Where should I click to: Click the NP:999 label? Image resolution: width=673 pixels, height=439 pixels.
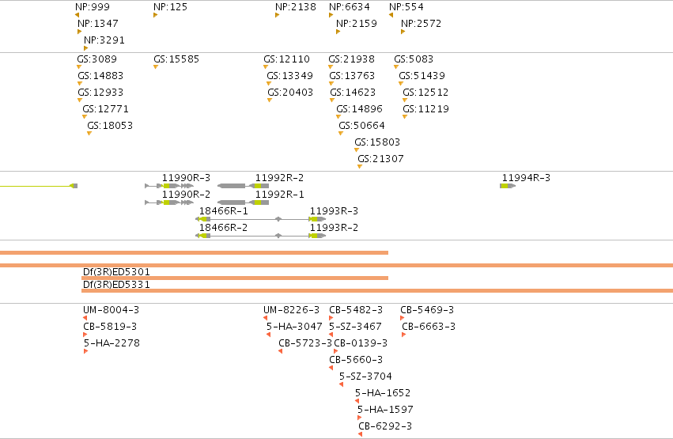(x=93, y=7)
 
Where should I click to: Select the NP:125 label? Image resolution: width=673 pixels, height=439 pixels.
(x=170, y=7)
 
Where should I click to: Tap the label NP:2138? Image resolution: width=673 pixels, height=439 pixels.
(x=296, y=7)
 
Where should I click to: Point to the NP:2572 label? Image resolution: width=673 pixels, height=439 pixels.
(x=421, y=24)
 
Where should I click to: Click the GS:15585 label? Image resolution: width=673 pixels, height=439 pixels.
(x=176, y=59)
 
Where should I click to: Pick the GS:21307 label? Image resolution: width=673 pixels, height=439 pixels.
(x=380, y=159)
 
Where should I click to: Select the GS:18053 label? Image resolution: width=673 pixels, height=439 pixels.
(x=110, y=126)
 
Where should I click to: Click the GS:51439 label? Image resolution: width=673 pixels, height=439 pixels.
(x=422, y=76)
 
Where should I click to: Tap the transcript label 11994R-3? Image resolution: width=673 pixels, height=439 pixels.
(x=526, y=178)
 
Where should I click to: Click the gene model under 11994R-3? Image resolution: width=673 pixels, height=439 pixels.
(x=508, y=186)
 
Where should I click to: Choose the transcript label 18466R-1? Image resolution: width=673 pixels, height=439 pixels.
(x=224, y=211)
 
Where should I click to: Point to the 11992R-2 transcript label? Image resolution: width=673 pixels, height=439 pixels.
(x=279, y=178)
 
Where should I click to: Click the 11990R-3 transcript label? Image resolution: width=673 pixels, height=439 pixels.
(x=187, y=178)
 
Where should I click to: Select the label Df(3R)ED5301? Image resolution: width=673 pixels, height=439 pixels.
(x=116, y=272)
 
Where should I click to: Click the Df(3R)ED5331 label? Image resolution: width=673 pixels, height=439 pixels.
(x=116, y=285)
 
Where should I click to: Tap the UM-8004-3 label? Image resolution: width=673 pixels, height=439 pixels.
(x=112, y=310)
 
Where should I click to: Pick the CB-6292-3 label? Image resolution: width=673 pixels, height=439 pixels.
(x=385, y=426)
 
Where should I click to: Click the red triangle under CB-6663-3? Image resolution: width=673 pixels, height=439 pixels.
(x=404, y=335)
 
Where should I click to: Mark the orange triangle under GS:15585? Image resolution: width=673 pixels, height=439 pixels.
(x=156, y=67)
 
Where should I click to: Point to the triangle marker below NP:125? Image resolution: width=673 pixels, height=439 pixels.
(x=155, y=15)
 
